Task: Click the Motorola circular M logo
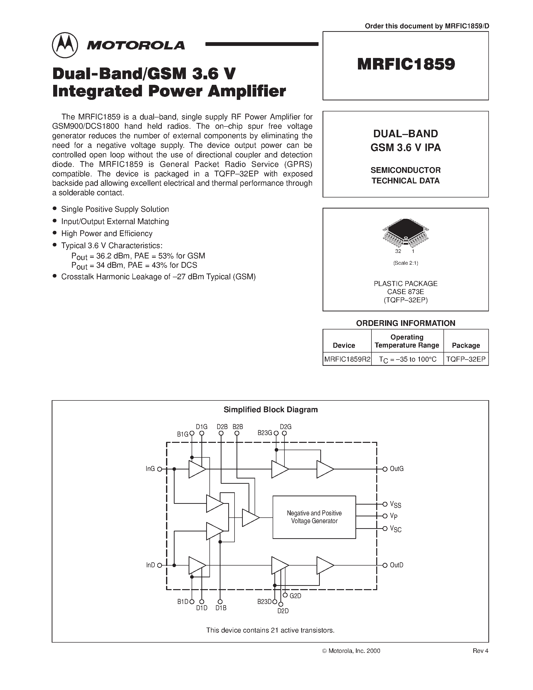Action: tap(65, 45)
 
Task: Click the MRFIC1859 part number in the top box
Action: tap(406, 64)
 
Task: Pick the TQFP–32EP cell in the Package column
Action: tap(466, 359)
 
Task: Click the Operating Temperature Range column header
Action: tap(407, 341)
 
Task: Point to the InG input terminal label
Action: tap(150, 469)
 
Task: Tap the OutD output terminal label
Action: tap(396, 565)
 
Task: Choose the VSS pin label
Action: tap(395, 505)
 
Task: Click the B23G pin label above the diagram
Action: tap(265, 433)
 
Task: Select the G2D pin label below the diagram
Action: tap(295, 596)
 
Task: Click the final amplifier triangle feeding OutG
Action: tap(325, 469)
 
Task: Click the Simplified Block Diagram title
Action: tap(270, 409)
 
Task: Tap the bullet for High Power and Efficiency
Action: tap(55, 233)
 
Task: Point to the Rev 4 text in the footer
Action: tap(480, 651)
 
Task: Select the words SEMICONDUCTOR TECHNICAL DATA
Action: tap(405, 175)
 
